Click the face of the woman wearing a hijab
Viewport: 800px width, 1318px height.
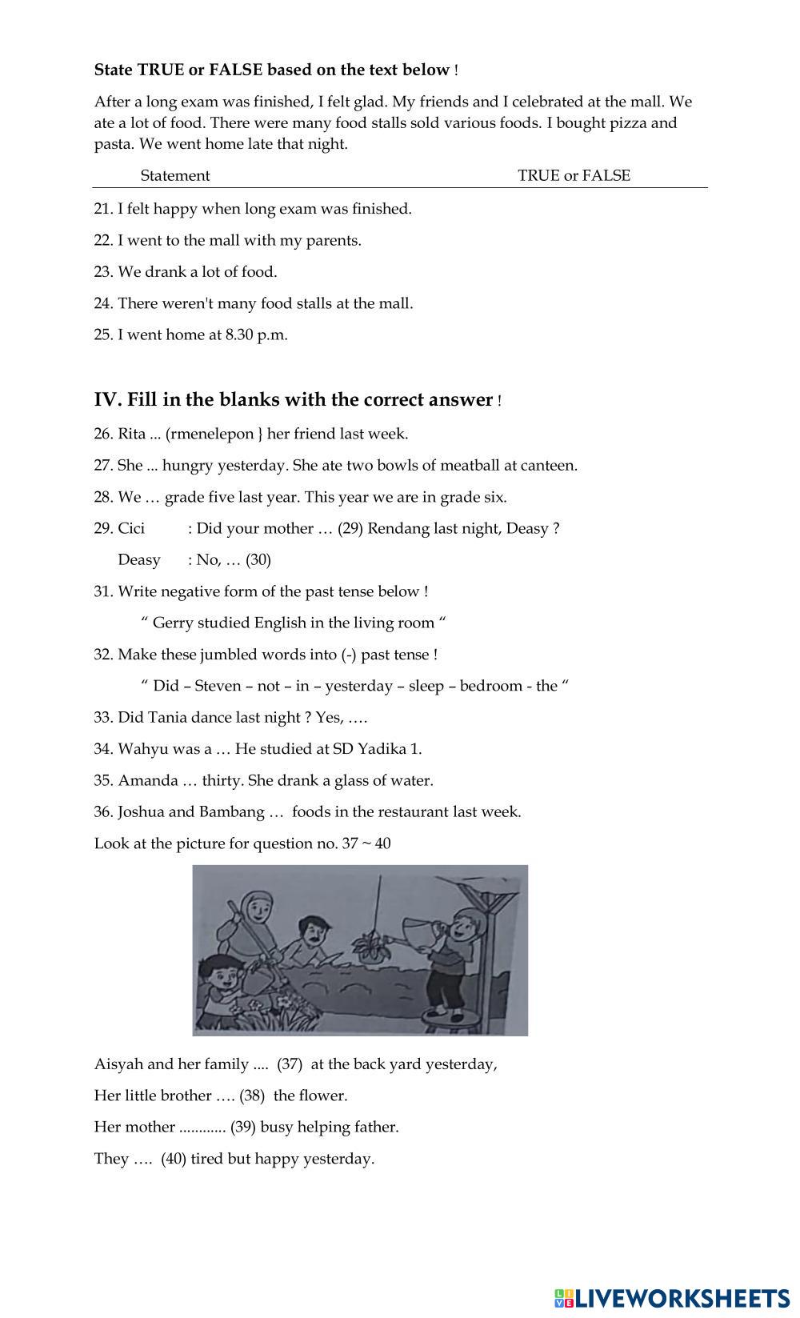point(257,907)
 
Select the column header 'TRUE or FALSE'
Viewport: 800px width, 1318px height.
point(574,175)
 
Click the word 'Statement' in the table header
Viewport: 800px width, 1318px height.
point(174,175)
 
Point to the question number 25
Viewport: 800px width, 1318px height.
point(102,335)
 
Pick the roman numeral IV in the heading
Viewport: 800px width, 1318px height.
point(106,399)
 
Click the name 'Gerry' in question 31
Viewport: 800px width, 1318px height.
point(172,623)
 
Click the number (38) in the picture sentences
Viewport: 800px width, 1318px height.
point(252,1096)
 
